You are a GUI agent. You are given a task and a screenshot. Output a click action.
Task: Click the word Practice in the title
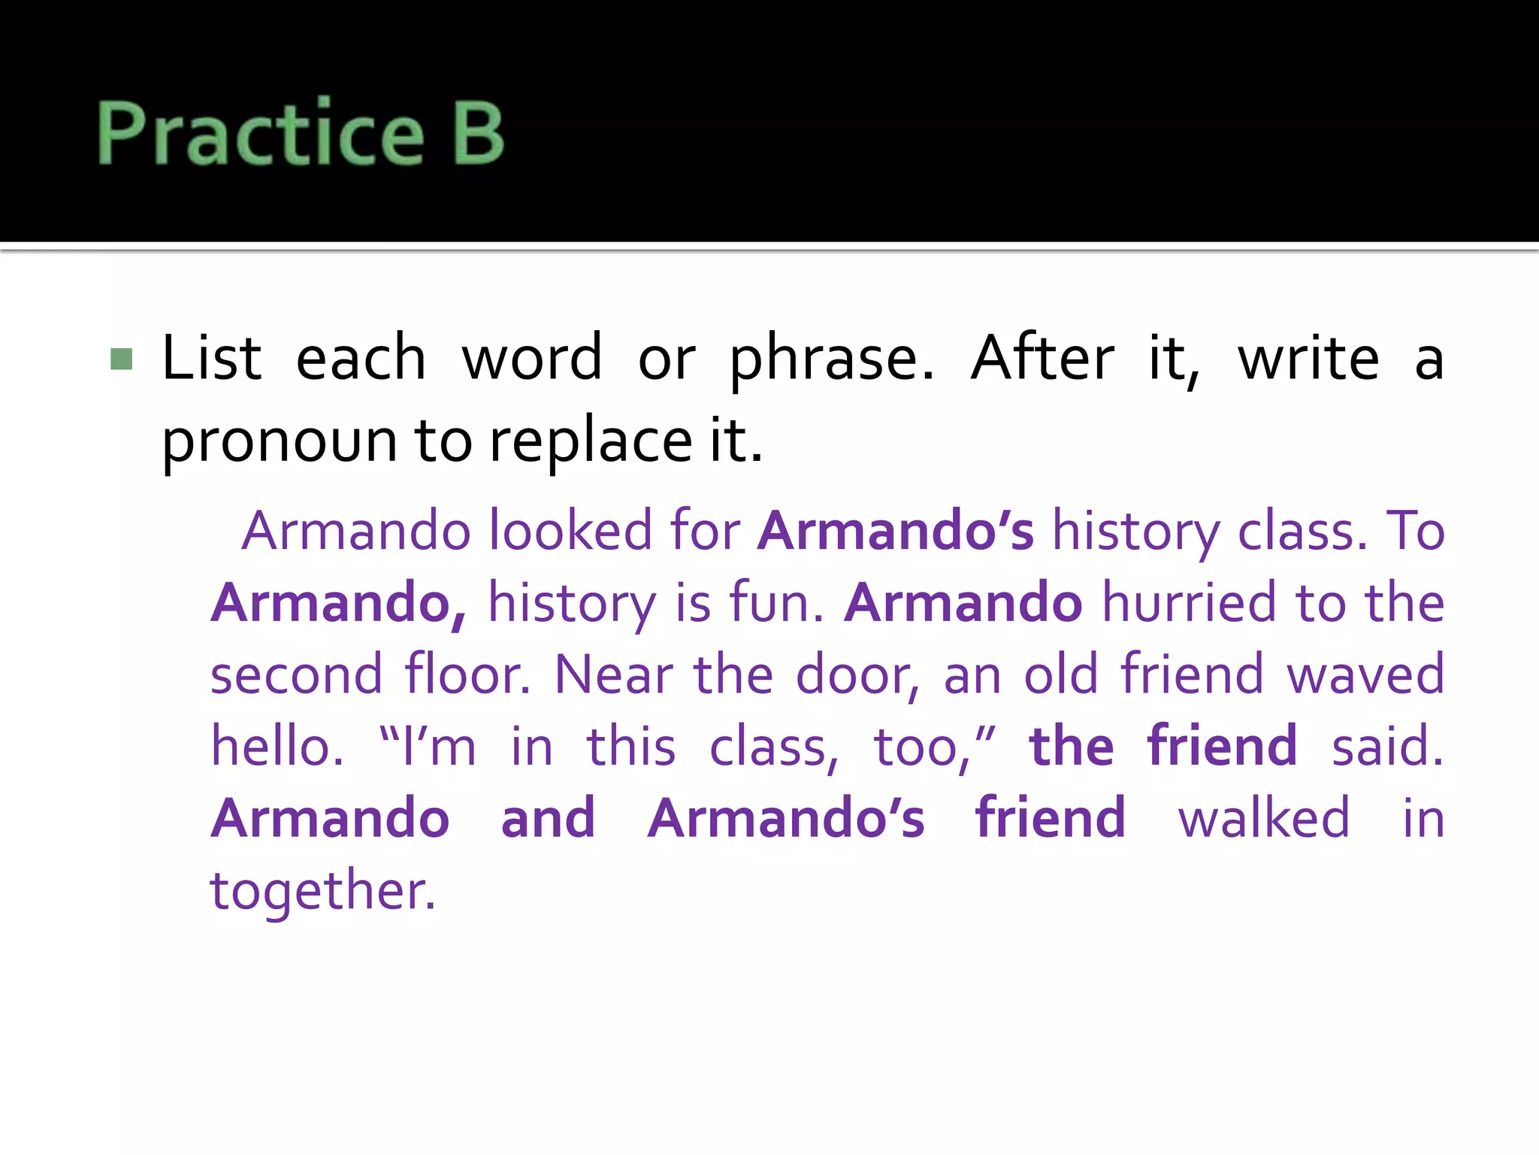click(x=261, y=132)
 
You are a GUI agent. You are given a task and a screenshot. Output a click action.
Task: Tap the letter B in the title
click(x=478, y=132)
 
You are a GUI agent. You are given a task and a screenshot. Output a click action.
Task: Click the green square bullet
click(x=121, y=359)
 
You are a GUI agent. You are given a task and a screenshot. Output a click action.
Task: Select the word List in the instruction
click(x=212, y=359)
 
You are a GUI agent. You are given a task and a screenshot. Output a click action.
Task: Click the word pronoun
click(x=279, y=441)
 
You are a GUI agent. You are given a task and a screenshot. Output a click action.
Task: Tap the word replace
click(x=591, y=441)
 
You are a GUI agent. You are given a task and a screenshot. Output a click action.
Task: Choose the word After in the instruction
click(x=1042, y=359)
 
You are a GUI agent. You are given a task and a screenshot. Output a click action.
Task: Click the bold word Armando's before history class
click(x=895, y=531)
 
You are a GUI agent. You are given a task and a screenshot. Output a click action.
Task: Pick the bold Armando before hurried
click(x=963, y=603)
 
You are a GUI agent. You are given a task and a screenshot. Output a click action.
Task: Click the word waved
click(x=1365, y=675)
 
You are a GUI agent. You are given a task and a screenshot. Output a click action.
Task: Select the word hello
click(x=277, y=747)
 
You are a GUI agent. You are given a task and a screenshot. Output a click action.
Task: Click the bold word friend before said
click(x=1223, y=747)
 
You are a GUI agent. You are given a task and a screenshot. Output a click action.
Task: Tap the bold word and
click(x=548, y=818)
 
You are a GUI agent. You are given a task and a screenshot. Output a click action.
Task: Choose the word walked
click(x=1264, y=818)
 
